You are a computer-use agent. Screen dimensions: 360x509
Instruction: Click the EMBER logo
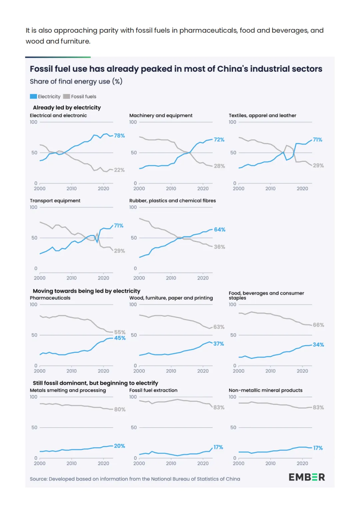point(307,477)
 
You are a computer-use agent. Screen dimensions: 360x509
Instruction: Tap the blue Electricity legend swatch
point(33,96)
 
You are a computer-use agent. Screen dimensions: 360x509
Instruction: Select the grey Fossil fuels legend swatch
point(66,96)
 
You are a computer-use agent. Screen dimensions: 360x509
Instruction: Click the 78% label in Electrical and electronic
point(119,136)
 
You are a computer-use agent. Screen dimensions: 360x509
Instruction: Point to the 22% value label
point(119,170)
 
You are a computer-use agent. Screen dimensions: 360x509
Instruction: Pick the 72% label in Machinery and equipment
point(219,140)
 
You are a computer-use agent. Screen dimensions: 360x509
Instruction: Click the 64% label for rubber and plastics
point(220,230)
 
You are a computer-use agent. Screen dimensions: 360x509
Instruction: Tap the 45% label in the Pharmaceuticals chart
point(120,338)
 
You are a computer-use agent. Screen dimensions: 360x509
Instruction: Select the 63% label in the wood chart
point(219,327)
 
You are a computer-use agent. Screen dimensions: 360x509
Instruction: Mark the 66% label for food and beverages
point(318,325)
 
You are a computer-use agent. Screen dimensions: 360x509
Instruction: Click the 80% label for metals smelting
point(120,409)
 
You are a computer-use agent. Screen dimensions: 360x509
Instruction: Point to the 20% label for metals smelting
point(120,446)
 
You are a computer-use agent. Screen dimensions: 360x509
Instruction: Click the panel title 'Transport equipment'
point(55,201)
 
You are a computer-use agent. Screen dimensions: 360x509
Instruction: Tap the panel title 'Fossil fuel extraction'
point(153,390)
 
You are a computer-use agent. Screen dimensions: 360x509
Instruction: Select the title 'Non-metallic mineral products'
point(265,390)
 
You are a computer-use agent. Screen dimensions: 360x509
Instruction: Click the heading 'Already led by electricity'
point(67,107)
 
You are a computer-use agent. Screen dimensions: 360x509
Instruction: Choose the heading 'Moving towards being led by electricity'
point(87,291)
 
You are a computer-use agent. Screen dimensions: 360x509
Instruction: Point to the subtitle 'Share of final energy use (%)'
point(76,81)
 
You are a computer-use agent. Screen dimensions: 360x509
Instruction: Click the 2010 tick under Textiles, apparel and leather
point(270,189)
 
